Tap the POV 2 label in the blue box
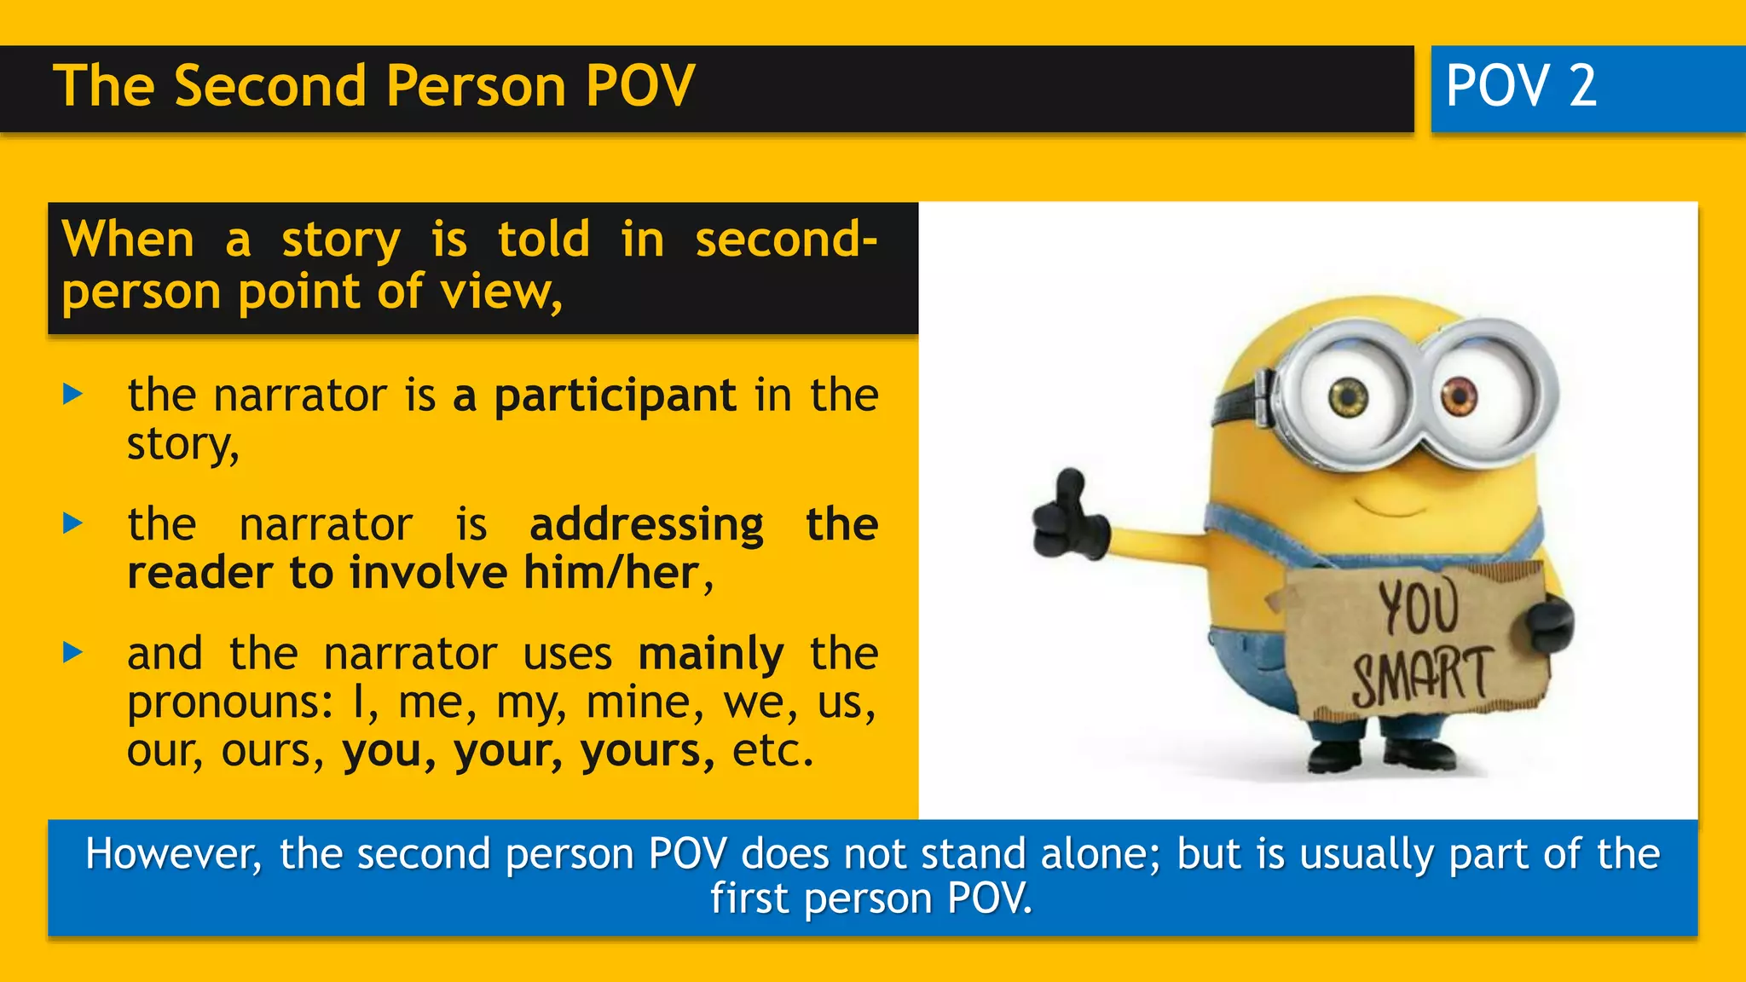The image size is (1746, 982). [x=1521, y=86]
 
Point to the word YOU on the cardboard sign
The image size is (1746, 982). [x=1419, y=606]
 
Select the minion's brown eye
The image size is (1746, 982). [x=1459, y=395]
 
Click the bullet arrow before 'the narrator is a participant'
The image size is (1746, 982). [x=73, y=395]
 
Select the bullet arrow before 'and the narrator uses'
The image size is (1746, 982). [x=73, y=653]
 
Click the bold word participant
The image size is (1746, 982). [x=615, y=396]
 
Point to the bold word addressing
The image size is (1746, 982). [x=646, y=524]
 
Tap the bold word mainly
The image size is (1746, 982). [x=710, y=655]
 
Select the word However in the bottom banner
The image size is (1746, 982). [x=173, y=854]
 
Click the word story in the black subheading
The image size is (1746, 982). [x=341, y=240]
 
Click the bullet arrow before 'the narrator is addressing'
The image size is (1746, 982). [x=73, y=523]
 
